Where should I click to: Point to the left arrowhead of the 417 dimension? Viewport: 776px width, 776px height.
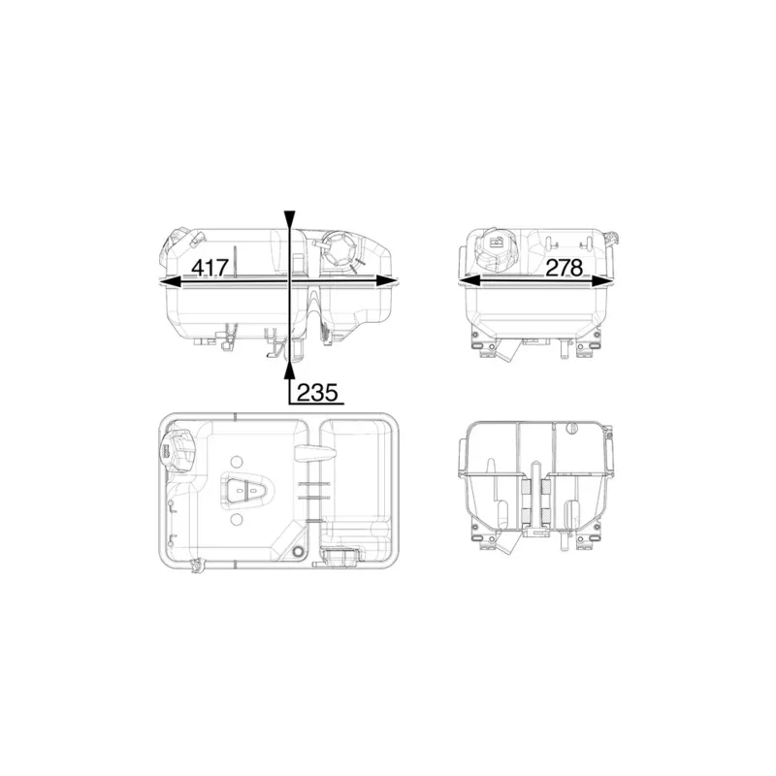[167, 281]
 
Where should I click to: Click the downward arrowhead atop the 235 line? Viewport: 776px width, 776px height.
[288, 219]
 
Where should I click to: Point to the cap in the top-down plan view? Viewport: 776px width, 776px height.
[177, 451]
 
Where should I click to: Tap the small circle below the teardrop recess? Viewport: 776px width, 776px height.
[237, 521]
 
